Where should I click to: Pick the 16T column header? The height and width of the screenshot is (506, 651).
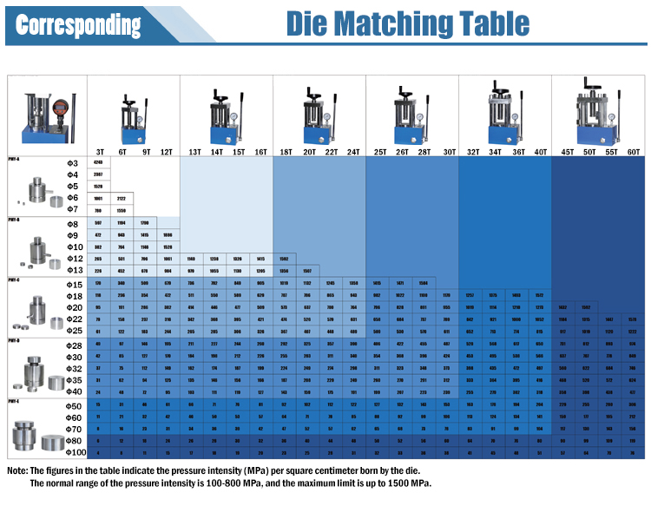[260, 152]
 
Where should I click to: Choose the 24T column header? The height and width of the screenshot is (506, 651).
[353, 152]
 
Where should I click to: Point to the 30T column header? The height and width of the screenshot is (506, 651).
[449, 152]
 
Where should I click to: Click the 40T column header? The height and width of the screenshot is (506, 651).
[541, 152]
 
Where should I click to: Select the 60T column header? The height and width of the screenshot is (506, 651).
[634, 152]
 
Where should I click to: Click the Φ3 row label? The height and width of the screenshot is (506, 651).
[72, 163]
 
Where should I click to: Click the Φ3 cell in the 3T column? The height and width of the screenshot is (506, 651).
[98, 163]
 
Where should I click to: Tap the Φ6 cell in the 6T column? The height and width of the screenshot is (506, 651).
[122, 198]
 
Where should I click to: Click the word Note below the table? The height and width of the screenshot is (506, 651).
[17, 470]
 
